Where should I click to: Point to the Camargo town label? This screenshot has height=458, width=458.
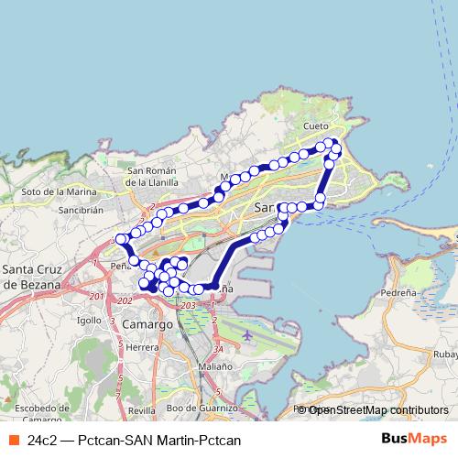pyautogui.click(x=145, y=324)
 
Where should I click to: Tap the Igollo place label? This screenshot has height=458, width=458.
pyautogui.click(x=89, y=321)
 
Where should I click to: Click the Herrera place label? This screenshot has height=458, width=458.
pyautogui.click(x=143, y=347)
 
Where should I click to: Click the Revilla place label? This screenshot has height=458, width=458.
pyautogui.click(x=142, y=410)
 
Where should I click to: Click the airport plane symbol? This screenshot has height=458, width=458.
pyautogui.click(x=246, y=335)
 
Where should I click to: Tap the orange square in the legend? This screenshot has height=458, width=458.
pyautogui.click(x=14, y=440)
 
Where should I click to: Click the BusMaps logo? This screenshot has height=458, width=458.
pyautogui.click(x=414, y=439)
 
